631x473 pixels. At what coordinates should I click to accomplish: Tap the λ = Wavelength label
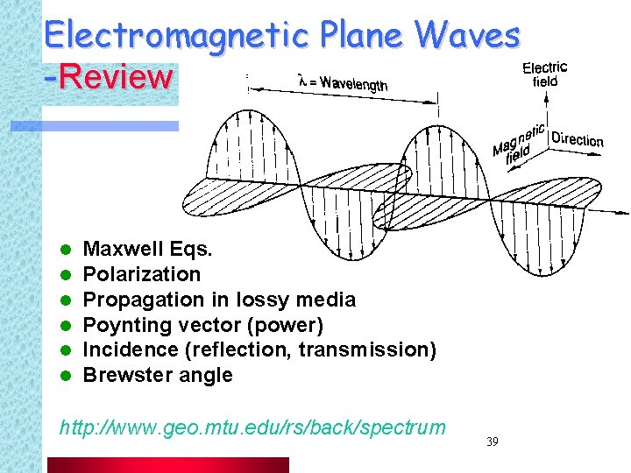click(x=343, y=82)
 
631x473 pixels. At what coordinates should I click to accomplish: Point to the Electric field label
click(x=544, y=74)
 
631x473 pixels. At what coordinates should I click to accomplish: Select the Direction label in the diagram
click(x=578, y=140)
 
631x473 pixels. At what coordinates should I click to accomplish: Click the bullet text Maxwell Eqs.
click(x=146, y=249)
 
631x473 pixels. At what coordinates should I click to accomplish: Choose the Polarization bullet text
click(x=141, y=274)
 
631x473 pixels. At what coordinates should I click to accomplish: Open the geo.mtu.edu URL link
click(x=252, y=427)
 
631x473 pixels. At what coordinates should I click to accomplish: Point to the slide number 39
click(x=492, y=441)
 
